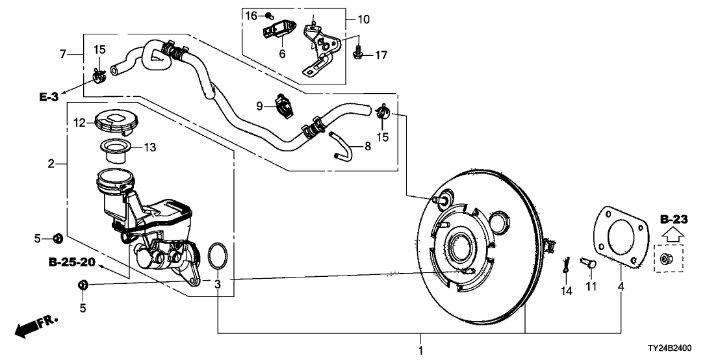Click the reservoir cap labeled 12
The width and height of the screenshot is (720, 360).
click(x=113, y=123)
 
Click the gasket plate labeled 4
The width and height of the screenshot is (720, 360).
click(x=621, y=237)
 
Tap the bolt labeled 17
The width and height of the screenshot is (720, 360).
click(x=357, y=55)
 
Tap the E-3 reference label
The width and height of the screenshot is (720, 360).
click(x=49, y=97)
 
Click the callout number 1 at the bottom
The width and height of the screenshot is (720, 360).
click(x=420, y=351)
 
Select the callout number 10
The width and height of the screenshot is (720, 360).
click(x=363, y=19)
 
